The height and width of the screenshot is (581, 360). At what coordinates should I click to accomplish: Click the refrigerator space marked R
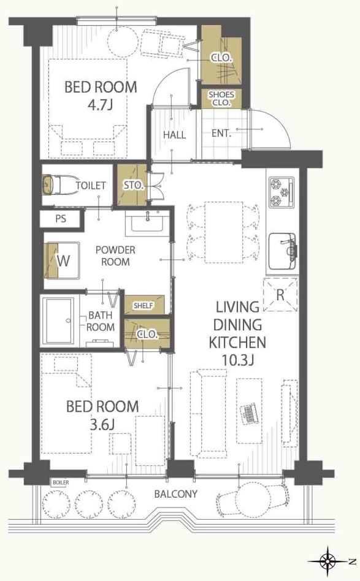tap(280, 295)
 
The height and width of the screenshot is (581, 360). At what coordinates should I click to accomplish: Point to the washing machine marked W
tap(62, 260)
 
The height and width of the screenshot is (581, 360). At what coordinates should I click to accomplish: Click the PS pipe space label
tap(61, 219)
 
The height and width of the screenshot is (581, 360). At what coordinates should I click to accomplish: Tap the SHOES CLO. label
tap(221, 99)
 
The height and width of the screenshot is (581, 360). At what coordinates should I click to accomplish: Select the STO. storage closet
tap(132, 185)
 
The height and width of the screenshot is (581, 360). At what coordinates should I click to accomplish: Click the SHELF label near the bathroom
tap(143, 306)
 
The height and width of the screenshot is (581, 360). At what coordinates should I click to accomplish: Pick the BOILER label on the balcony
tap(61, 482)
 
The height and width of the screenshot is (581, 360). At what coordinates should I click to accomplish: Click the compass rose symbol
tap(327, 562)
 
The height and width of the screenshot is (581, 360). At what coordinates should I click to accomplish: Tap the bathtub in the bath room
tap(59, 321)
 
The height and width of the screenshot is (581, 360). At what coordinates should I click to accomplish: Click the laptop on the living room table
tap(249, 414)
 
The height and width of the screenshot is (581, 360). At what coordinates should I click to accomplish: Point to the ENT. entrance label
tap(221, 133)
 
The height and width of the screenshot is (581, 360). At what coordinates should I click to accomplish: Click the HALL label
tap(174, 134)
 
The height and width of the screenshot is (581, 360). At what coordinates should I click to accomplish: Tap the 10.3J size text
tap(237, 360)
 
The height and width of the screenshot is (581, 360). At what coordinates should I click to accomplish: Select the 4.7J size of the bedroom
tap(100, 105)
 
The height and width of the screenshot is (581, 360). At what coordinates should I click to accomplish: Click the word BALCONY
tap(176, 494)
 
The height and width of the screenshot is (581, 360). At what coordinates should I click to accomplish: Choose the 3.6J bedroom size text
tap(102, 424)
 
